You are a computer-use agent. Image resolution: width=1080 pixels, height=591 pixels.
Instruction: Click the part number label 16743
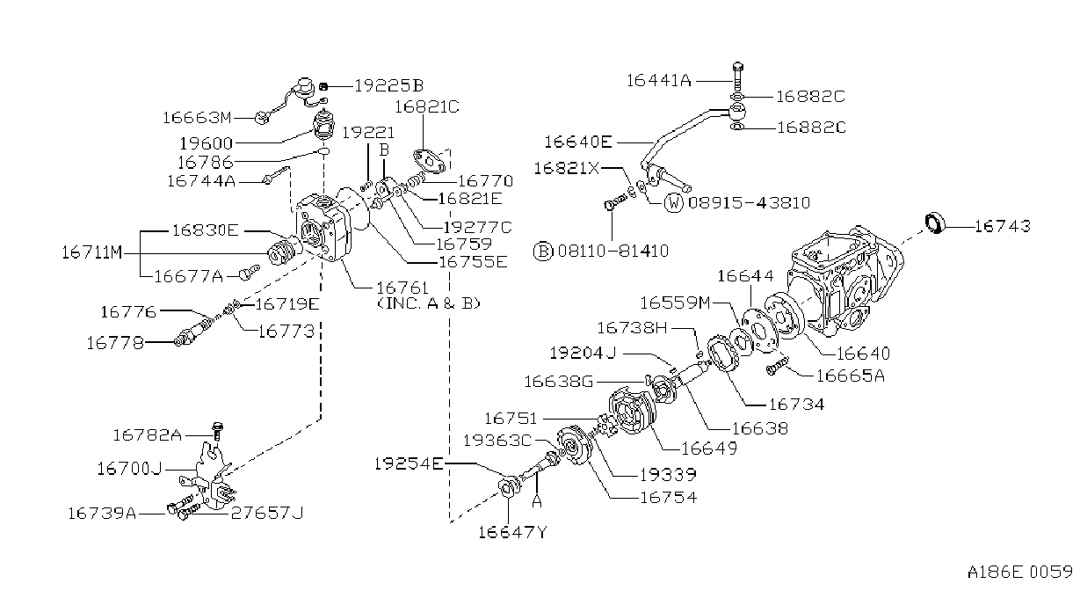pos(1003,226)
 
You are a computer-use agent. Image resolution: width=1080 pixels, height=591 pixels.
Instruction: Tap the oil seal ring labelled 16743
pos(936,223)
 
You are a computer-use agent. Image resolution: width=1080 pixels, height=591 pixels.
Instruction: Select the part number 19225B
pos(388,86)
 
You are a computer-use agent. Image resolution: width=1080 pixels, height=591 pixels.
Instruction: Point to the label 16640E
pos(577,142)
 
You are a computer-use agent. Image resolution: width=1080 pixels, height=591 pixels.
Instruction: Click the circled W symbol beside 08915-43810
pos(673,202)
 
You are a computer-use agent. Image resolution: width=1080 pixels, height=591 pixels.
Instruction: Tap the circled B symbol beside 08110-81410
pos(543,252)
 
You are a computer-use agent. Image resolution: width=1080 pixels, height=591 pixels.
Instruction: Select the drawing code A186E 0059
pos(1019,572)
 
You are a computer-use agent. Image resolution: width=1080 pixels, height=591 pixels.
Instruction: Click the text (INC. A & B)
pos(429,303)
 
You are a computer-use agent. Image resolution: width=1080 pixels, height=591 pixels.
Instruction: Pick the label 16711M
pos(92,252)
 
